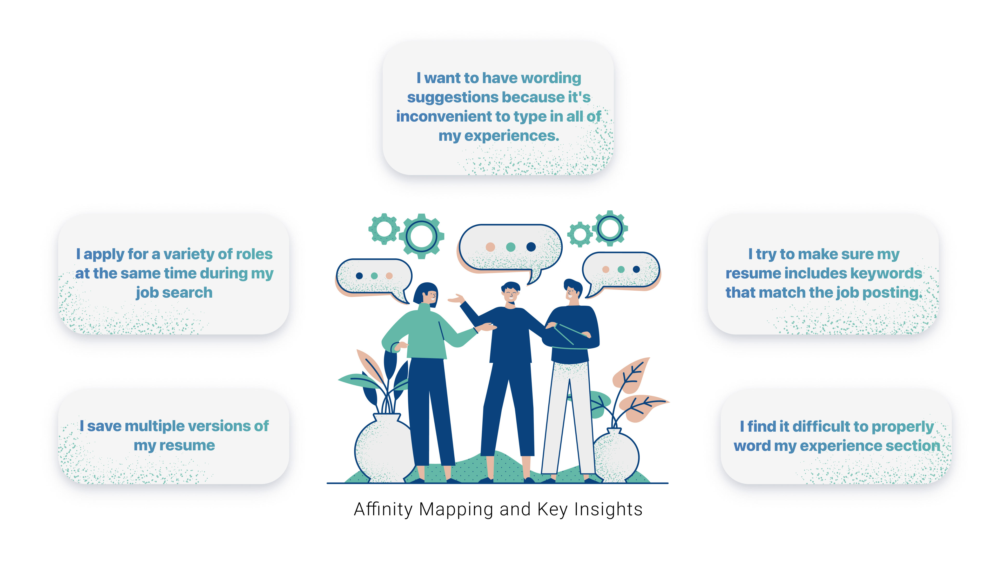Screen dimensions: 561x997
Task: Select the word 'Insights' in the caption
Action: [x=608, y=510]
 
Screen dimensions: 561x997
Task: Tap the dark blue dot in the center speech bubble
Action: [x=531, y=247]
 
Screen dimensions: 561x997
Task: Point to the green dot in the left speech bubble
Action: [x=374, y=276]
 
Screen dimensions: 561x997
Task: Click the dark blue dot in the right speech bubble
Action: [x=636, y=269]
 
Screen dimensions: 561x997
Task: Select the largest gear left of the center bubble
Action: [x=421, y=236]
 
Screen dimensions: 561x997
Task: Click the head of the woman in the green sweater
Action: [x=427, y=294]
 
